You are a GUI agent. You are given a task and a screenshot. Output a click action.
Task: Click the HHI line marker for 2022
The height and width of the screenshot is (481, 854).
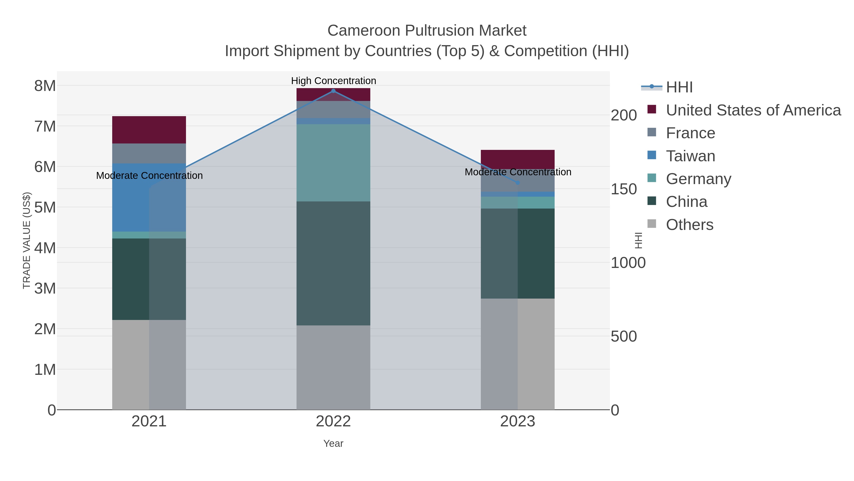(333, 91)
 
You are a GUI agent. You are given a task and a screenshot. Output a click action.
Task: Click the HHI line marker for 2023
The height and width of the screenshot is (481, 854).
(518, 183)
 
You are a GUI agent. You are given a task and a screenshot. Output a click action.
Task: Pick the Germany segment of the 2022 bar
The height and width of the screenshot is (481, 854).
(333, 163)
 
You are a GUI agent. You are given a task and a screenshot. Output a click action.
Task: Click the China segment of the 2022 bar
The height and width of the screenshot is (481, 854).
(333, 263)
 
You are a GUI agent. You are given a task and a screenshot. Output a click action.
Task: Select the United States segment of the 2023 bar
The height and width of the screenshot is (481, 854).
(518, 159)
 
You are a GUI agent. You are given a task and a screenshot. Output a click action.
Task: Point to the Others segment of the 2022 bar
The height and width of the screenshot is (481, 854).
(333, 367)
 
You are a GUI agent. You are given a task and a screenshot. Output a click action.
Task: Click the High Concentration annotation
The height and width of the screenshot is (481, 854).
(333, 81)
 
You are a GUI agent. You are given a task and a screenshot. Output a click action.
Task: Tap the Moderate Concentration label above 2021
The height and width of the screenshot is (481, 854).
(149, 176)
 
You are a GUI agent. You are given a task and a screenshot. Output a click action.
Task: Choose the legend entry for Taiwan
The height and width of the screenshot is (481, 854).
(690, 156)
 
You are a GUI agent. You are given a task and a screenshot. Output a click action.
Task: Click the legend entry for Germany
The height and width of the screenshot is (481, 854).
(698, 179)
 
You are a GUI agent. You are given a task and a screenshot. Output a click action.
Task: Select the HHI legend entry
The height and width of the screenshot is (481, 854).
(679, 87)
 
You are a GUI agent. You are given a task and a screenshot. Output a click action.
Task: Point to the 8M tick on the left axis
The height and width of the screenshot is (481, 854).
(45, 86)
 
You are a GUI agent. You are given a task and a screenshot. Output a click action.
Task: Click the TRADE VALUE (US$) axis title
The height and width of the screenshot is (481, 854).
(27, 240)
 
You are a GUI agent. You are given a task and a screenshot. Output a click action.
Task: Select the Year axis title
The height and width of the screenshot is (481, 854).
(333, 443)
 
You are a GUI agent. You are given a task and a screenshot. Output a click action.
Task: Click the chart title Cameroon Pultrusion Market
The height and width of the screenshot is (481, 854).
(427, 31)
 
